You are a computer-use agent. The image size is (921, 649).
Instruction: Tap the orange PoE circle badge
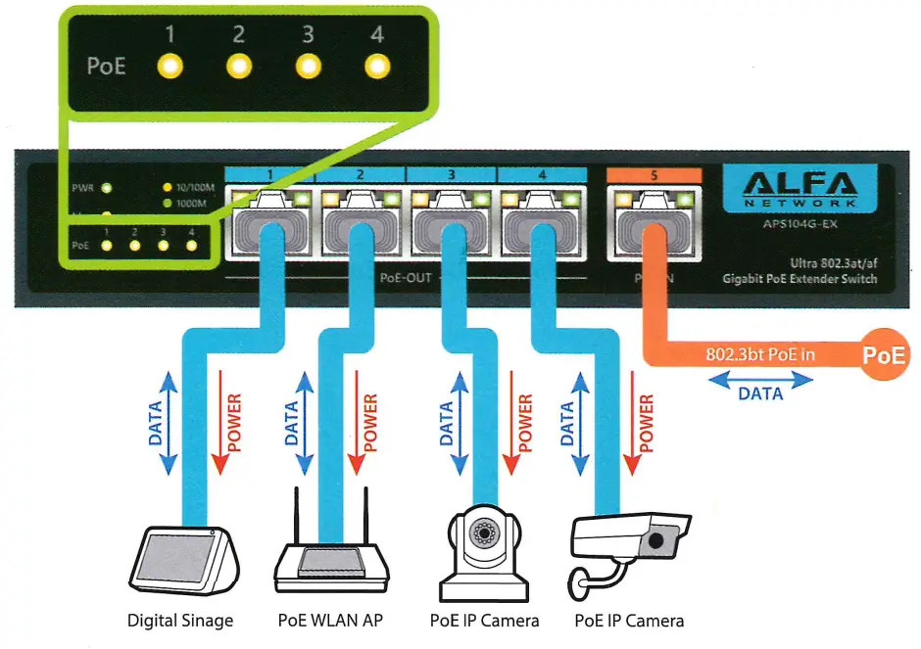[884, 355]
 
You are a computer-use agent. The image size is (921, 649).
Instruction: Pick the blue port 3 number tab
[451, 174]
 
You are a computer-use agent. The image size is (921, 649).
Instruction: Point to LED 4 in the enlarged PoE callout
[376, 67]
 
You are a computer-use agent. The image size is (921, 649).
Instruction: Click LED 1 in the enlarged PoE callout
[170, 67]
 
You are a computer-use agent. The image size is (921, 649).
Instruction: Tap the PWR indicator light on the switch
[105, 187]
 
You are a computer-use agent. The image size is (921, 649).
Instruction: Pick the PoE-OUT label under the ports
[406, 277]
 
